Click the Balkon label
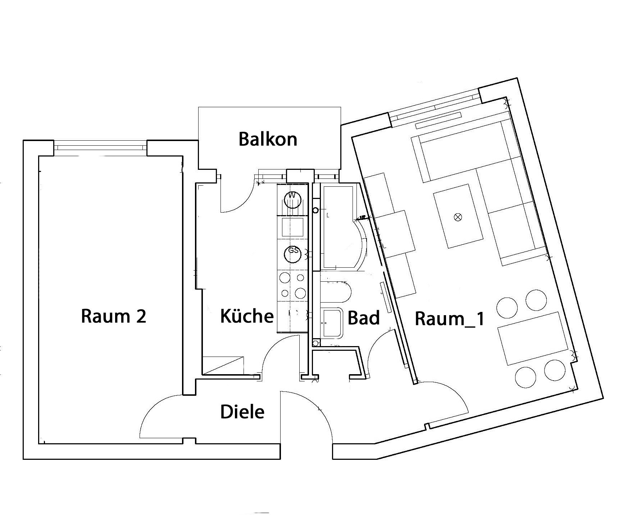point(268,139)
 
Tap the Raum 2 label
point(114,316)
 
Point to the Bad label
point(364,318)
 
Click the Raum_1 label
point(450,319)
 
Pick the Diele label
point(242,412)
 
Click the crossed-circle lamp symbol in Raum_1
point(458,217)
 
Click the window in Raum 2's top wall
point(100,147)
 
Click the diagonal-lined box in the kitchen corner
point(223,365)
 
